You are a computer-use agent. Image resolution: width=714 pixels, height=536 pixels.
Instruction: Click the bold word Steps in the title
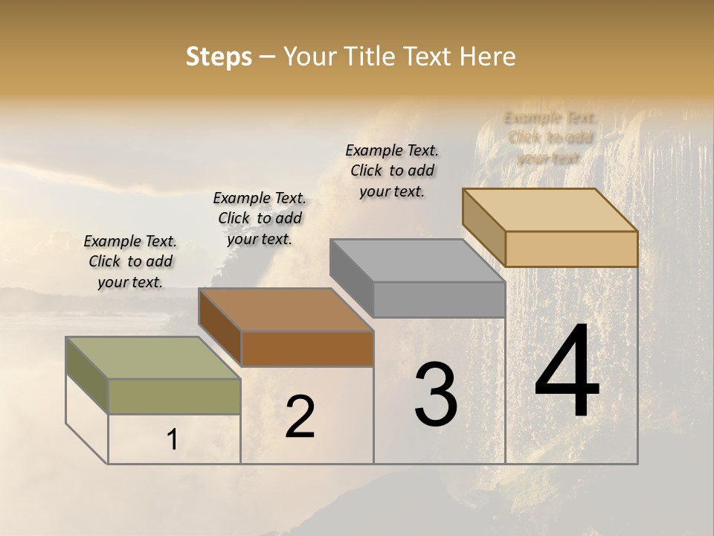[219, 57]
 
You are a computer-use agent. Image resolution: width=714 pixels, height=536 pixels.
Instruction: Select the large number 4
[567, 372]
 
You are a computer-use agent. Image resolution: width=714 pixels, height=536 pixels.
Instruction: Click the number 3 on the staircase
[435, 395]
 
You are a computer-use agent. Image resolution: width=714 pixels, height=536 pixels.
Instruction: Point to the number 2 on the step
[300, 417]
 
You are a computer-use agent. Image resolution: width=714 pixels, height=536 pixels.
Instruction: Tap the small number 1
[172, 440]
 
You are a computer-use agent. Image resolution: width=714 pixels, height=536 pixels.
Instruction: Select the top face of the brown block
[285, 310]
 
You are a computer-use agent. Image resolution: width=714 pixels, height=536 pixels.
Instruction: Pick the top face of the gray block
[417, 261]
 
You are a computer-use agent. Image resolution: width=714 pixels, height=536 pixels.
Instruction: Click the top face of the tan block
[550, 210]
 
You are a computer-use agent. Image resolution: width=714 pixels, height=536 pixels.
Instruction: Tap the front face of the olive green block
[174, 396]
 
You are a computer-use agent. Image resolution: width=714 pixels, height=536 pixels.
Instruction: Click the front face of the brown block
[307, 348]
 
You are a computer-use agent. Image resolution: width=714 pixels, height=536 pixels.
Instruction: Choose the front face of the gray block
[439, 299]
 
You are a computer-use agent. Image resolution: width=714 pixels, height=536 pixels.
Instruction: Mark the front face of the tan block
[571, 249]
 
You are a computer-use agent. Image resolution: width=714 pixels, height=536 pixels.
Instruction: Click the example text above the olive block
[130, 261]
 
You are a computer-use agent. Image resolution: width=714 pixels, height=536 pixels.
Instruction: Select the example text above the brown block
[260, 218]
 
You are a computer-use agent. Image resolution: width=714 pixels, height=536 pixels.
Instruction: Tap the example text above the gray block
[392, 170]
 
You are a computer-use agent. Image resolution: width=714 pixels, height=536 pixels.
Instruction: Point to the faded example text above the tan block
[550, 138]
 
